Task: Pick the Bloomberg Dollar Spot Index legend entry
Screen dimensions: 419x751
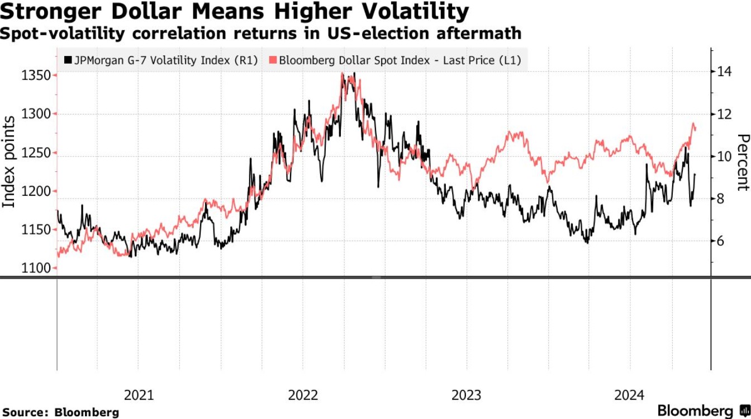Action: [x=400, y=60]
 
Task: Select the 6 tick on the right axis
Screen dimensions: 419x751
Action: [x=720, y=241]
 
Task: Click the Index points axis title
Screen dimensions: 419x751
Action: [x=9, y=162]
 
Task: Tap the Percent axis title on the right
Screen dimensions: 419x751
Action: [x=742, y=162]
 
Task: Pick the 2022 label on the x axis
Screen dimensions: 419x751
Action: [x=303, y=396]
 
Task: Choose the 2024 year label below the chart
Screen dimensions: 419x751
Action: [x=630, y=396]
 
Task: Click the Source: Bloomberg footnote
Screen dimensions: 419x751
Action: [x=61, y=412]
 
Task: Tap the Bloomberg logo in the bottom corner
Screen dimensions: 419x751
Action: [x=703, y=410]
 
